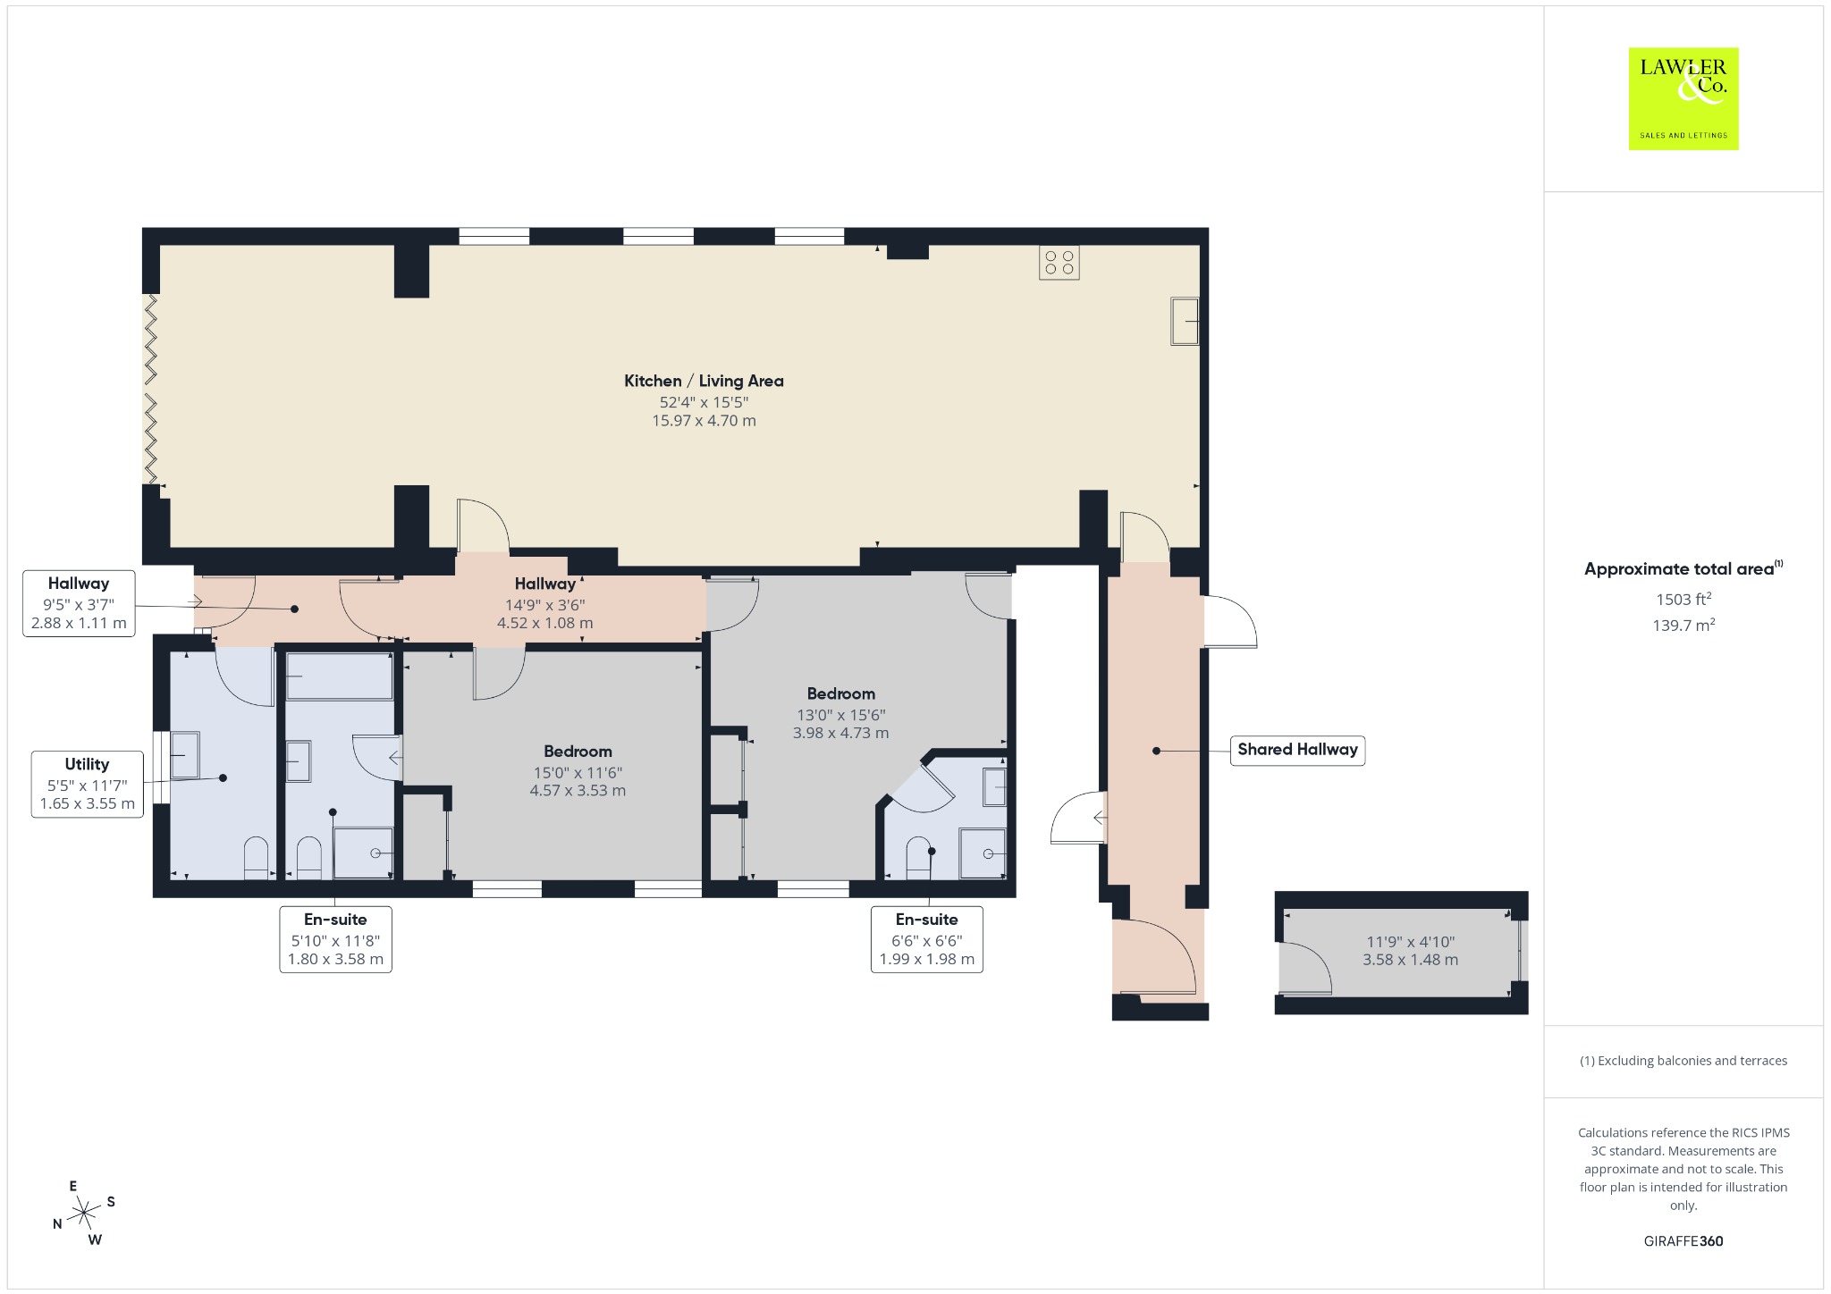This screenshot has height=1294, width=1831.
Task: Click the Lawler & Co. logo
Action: pyautogui.click(x=1683, y=98)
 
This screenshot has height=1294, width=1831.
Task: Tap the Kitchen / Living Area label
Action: pyautogui.click(x=704, y=381)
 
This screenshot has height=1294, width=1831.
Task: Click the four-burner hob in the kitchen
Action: pyautogui.click(x=1059, y=263)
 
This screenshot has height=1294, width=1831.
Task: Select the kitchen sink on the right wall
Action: pyautogui.click(x=1185, y=321)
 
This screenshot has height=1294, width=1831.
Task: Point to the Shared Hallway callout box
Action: pyautogui.click(x=1297, y=750)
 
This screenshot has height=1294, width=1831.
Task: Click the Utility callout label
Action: pyautogui.click(x=87, y=785)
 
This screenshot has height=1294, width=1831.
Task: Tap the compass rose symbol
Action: pyautogui.click(x=84, y=1213)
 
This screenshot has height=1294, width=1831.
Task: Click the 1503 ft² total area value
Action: pyautogui.click(x=1683, y=600)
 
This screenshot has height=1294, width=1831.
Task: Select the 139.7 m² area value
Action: pyautogui.click(x=1683, y=626)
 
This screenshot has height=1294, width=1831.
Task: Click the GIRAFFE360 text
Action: pyautogui.click(x=1683, y=1240)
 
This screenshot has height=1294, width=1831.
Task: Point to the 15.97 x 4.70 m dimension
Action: pyautogui.click(x=704, y=421)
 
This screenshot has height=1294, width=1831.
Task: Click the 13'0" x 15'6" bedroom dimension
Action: pyautogui.click(x=840, y=715)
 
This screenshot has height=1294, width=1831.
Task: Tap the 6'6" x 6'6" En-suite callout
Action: pyautogui.click(x=926, y=939)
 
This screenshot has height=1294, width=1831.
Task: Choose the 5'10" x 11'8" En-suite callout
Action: pyautogui.click(x=335, y=939)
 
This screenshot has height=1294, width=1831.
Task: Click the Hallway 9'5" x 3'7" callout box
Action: pyautogui.click(x=79, y=603)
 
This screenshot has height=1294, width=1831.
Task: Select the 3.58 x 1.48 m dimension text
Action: pyautogui.click(x=1410, y=960)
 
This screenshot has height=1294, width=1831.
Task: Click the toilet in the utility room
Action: pyautogui.click(x=257, y=858)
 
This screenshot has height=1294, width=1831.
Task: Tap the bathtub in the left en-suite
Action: pyautogui.click(x=339, y=676)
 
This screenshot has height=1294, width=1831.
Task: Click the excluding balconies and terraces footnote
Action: pyautogui.click(x=1683, y=1061)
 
